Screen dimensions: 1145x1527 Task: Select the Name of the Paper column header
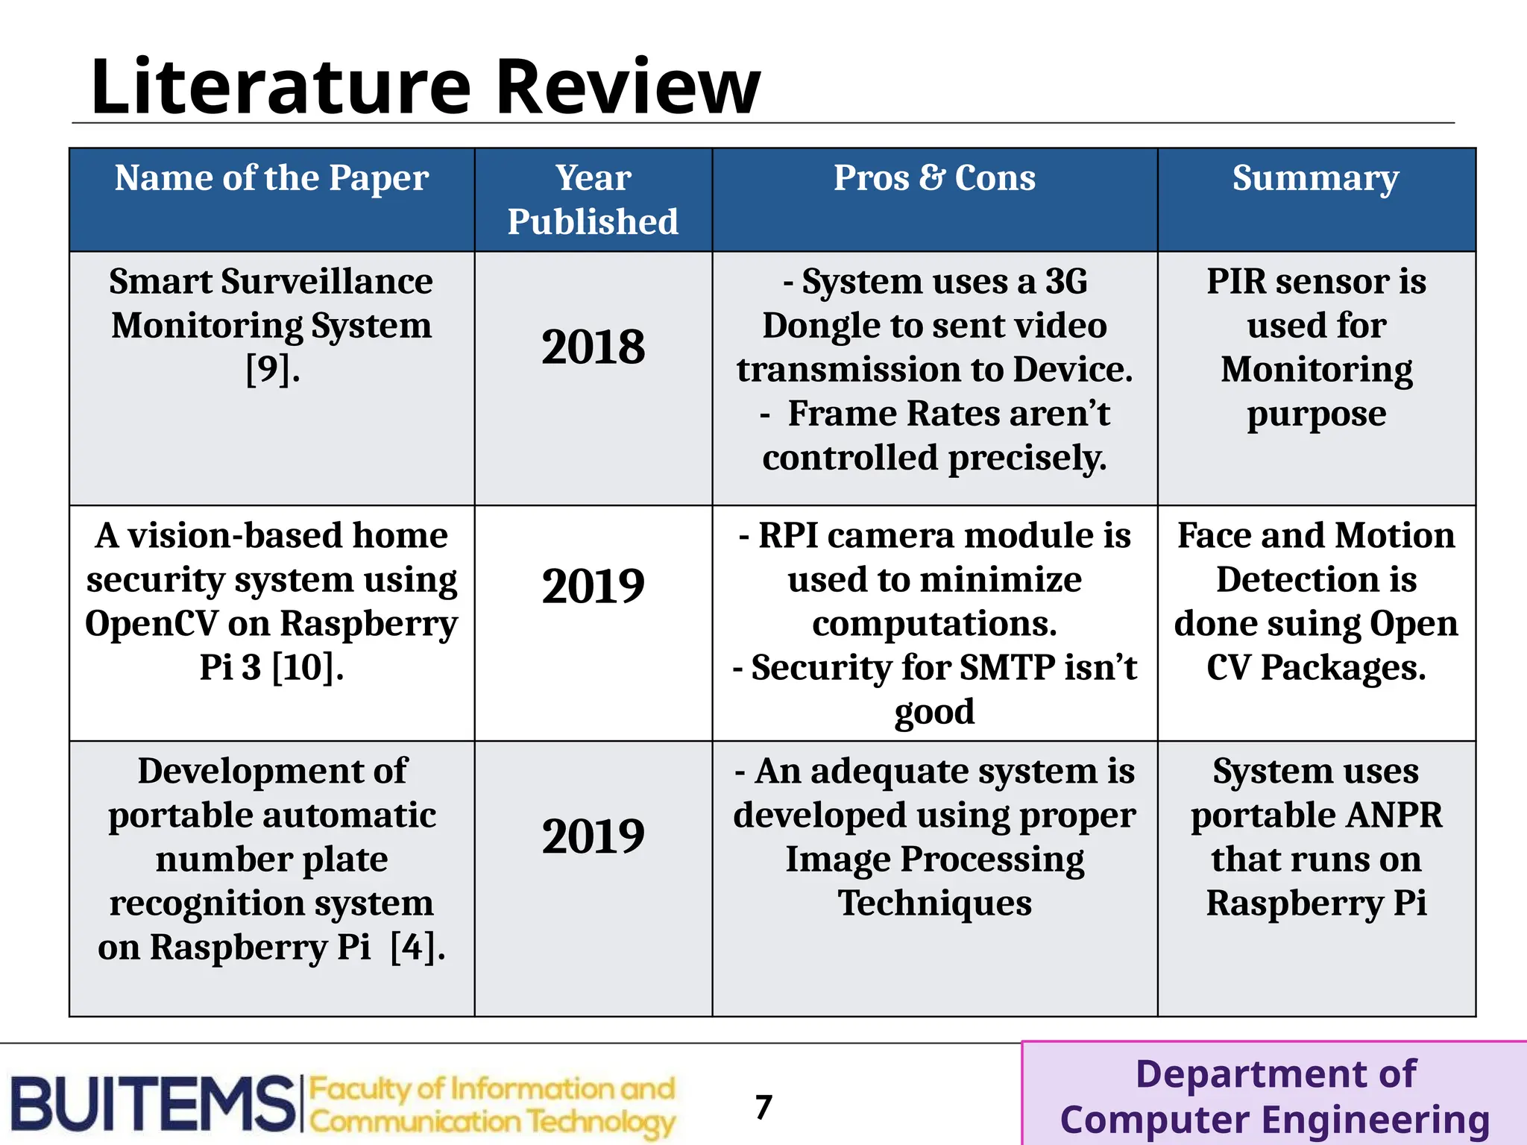tap(271, 178)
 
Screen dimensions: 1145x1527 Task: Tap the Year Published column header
tap(593, 200)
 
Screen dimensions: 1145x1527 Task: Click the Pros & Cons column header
tap(934, 178)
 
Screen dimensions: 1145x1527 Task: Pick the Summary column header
tap(1315, 178)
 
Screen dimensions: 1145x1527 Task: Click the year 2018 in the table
tap(593, 347)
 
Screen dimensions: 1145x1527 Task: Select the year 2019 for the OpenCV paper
tap(593, 586)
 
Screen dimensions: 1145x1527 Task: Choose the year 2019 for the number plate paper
tap(593, 836)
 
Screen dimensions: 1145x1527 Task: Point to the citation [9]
tap(272, 370)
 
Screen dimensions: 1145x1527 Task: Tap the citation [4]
tap(418, 947)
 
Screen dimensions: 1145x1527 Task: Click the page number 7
tap(763, 1107)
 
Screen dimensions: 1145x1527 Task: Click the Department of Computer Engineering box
tap(1274, 1096)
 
